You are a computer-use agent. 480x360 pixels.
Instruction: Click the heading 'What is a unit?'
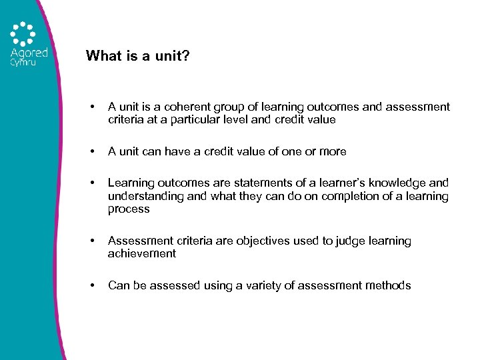137,56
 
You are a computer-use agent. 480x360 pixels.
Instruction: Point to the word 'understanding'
141,196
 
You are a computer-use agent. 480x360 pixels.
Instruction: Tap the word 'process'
129,209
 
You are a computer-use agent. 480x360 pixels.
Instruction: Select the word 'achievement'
142,254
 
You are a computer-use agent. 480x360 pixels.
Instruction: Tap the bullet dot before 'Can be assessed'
93,285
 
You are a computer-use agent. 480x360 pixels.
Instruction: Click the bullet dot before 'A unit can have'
93,151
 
